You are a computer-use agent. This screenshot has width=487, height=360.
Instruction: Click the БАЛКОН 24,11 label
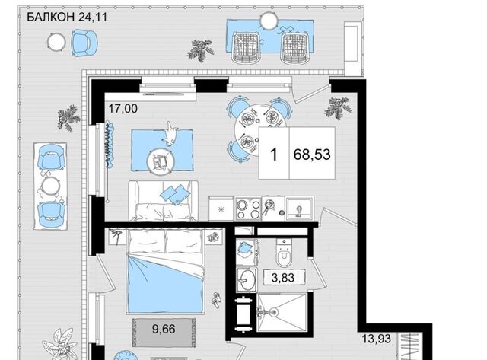(67, 17)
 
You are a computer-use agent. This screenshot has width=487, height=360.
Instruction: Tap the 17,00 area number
(123, 109)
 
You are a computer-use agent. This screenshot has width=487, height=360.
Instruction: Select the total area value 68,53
(312, 155)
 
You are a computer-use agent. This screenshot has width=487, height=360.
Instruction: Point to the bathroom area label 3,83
(282, 277)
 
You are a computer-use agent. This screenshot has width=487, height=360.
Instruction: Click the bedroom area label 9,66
(164, 329)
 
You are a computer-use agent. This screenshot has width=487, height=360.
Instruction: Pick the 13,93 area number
(377, 339)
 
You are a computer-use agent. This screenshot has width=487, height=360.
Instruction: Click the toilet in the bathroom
(283, 253)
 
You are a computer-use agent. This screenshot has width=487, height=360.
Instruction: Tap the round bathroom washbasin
(247, 280)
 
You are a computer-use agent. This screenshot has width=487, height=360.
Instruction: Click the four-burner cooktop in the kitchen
(248, 209)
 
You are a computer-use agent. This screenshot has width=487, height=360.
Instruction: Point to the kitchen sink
(299, 208)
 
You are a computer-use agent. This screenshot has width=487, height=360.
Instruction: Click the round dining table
(259, 130)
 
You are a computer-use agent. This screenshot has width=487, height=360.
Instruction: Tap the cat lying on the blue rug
(170, 134)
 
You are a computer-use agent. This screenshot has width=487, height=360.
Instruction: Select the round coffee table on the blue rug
(161, 161)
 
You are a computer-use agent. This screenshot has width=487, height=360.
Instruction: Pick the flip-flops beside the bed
(216, 299)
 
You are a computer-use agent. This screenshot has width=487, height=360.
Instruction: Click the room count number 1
(274, 155)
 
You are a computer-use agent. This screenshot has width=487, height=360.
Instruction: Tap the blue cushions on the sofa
(175, 194)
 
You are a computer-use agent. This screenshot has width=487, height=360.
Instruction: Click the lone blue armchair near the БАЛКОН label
(84, 43)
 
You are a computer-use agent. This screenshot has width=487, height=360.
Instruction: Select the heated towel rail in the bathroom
(243, 314)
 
